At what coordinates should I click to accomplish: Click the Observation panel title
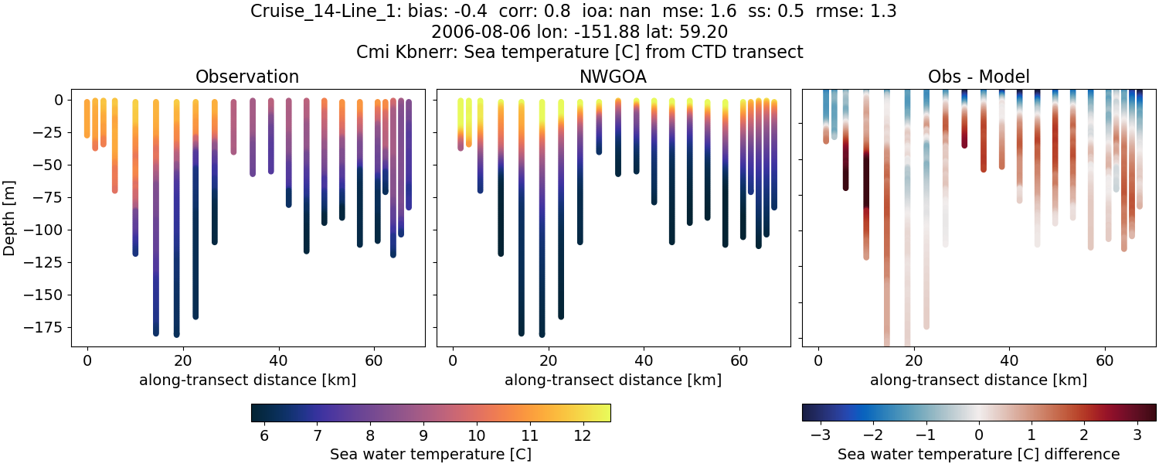(x=247, y=77)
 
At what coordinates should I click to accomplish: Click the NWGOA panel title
(x=613, y=77)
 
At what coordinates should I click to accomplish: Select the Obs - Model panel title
(x=978, y=77)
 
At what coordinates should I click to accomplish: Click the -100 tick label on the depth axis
(x=48, y=230)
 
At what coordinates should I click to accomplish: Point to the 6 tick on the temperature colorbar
(x=264, y=435)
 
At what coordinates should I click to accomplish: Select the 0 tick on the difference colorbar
(x=979, y=435)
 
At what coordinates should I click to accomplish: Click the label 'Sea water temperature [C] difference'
(x=978, y=454)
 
